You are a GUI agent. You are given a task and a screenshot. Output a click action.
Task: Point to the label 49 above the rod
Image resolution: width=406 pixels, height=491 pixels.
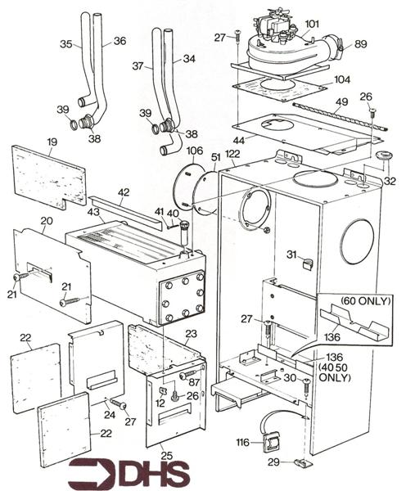(341, 101)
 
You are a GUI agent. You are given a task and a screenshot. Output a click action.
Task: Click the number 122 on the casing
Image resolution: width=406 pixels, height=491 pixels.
(232, 154)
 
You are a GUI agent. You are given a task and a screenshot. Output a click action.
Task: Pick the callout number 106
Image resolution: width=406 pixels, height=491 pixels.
(195, 151)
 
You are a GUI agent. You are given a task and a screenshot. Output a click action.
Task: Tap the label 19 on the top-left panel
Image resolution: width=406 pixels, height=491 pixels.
(52, 142)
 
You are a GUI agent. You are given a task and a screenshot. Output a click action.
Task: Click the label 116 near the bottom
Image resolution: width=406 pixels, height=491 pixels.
(242, 442)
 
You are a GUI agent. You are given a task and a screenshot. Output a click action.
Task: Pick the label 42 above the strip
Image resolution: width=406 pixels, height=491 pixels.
(124, 193)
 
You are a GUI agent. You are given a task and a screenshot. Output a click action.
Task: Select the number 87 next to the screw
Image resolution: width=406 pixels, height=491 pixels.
(195, 382)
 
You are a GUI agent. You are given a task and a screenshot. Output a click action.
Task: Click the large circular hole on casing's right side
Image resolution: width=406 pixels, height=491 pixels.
(356, 241)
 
